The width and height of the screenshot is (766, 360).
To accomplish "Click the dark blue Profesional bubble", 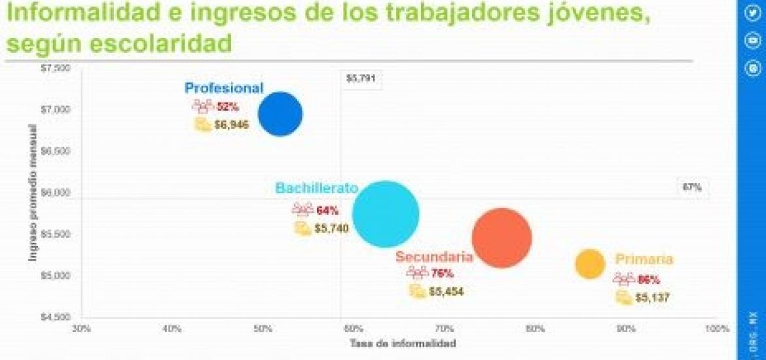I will (280, 115).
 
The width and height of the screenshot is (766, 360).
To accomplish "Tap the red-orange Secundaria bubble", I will (502, 238).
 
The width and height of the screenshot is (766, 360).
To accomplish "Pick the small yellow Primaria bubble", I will (590, 264).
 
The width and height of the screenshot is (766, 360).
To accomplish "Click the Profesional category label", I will (224, 88).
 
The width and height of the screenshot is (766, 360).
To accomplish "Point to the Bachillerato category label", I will (316, 189).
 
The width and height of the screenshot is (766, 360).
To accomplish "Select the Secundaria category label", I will (434, 257).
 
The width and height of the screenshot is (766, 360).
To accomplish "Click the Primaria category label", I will (644, 260).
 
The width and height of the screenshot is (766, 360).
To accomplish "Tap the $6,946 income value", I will (232, 124).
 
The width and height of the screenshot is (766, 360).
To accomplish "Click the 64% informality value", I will (327, 211).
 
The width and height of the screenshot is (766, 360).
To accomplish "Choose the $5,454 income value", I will (447, 292).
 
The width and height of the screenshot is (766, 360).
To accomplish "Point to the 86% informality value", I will (649, 280).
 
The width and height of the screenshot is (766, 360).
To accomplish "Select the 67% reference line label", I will (692, 187).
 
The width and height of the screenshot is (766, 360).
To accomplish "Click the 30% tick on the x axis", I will (81, 327).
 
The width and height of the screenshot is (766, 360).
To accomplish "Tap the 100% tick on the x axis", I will (718, 327).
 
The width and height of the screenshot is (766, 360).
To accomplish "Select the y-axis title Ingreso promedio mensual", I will (32, 193).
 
